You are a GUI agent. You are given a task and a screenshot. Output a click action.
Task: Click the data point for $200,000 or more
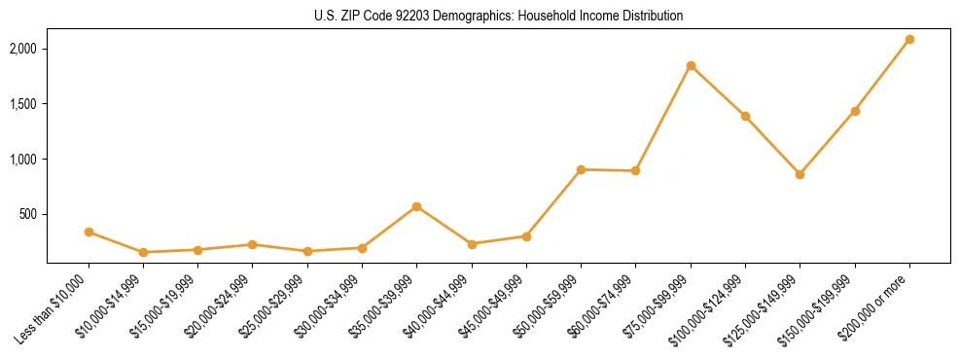[x=909, y=40]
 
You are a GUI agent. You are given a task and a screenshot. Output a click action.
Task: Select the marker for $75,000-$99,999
[x=691, y=66]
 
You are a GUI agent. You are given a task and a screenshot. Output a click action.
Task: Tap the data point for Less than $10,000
[x=89, y=232]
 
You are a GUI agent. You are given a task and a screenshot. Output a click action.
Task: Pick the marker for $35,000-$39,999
[x=416, y=206]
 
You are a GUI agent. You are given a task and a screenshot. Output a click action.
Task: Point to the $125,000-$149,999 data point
[x=800, y=174]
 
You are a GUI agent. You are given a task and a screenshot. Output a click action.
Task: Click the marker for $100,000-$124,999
[x=745, y=116]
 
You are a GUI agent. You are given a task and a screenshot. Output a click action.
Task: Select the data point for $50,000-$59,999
[x=581, y=169]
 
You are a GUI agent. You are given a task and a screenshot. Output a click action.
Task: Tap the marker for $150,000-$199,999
[x=855, y=111]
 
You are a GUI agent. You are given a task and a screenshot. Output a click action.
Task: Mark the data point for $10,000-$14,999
[x=143, y=252]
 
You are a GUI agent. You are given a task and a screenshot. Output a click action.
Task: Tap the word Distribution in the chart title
[x=651, y=17]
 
